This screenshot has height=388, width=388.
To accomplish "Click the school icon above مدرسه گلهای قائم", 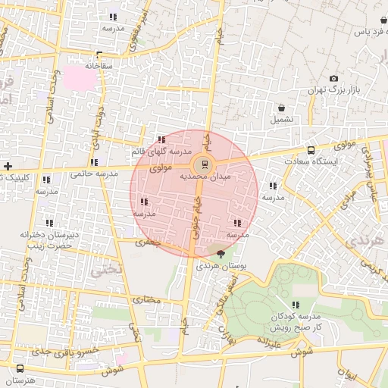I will [x=161, y=139].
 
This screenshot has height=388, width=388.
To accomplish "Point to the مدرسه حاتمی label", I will [x=95, y=174].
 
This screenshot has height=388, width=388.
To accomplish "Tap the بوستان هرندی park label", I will [x=222, y=266].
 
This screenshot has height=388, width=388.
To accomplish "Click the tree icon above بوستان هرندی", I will [x=221, y=254].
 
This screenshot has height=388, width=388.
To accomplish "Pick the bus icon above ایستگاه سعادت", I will [x=311, y=149].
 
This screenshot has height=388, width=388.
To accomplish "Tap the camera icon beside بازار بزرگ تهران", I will [x=333, y=78].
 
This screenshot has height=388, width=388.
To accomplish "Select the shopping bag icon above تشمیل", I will [x=281, y=108].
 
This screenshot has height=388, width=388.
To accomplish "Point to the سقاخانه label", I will [x=99, y=67].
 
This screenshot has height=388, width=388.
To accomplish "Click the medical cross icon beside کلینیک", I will [x=8, y=165].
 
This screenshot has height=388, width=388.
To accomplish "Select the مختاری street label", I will [x=148, y=299].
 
